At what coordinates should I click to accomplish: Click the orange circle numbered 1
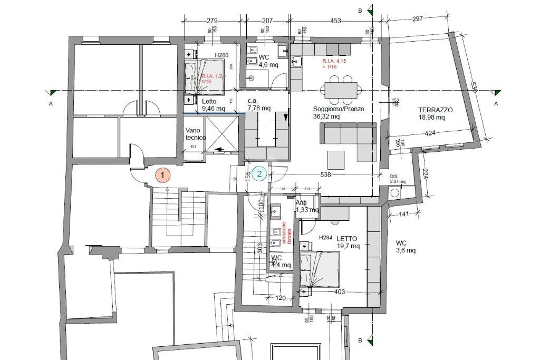click(x=163, y=174)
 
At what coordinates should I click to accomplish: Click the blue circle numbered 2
click(x=259, y=173)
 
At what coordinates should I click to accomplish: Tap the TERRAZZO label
click(x=436, y=110)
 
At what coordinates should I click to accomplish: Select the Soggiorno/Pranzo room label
click(x=339, y=109)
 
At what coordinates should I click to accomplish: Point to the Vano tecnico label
click(x=195, y=134)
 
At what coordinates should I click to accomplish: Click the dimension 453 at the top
click(x=335, y=21)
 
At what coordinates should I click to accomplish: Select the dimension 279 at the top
click(x=212, y=21)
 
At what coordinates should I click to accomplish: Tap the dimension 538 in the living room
click(x=326, y=174)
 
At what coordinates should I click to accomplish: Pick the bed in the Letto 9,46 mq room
click(x=205, y=77)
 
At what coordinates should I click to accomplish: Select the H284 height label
click(x=326, y=238)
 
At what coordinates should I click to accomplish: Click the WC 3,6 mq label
click(x=406, y=246)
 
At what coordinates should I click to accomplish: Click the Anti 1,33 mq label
click(x=306, y=206)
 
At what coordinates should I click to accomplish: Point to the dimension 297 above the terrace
click(x=418, y=19)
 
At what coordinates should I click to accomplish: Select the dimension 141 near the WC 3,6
click(x=404, y=214)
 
